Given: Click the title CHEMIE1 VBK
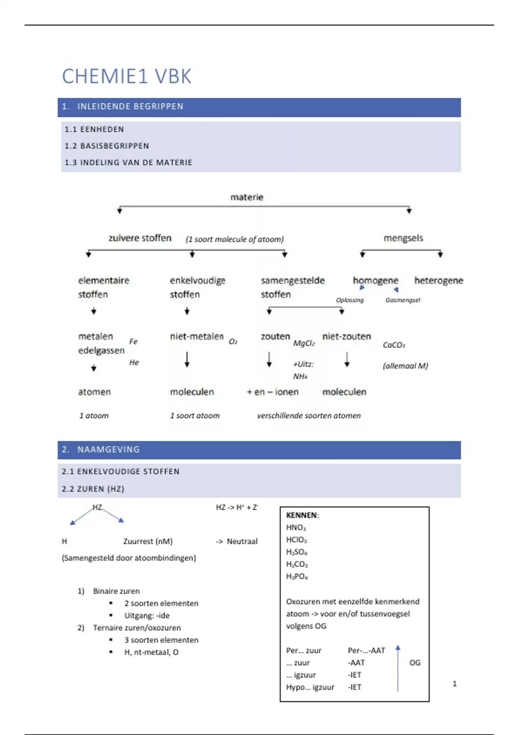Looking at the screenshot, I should tap(127, 77).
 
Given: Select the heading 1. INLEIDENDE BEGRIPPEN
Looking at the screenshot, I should tap(123, 107).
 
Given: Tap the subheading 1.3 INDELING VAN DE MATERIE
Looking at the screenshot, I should tap(128, 163).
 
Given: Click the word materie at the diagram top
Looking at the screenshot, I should tap(247, 197).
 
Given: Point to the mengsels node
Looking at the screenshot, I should tap(403, 238).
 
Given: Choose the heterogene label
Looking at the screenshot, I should tap(438, 281).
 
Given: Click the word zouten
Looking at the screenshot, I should tap(275, 336).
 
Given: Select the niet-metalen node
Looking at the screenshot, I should tap(197, 336).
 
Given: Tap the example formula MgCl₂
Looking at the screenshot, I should tap(304, 343).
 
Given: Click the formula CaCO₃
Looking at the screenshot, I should tap(394, 345).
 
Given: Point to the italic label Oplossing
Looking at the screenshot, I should tap(349, 300).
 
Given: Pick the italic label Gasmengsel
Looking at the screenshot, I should tap(402, 300).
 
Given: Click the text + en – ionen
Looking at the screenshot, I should tap(272, 392).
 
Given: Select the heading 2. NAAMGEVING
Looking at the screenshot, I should tap(101, 450).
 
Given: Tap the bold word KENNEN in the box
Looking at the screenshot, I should tap(301, 515).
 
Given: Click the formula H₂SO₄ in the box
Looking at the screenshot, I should tap(297, 552).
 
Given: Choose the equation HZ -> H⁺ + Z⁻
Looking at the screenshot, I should tap(237, 507).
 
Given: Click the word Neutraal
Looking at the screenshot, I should tap(242, 541).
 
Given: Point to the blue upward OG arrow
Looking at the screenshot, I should tap(398, 668).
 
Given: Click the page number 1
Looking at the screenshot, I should tap(455, 684).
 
